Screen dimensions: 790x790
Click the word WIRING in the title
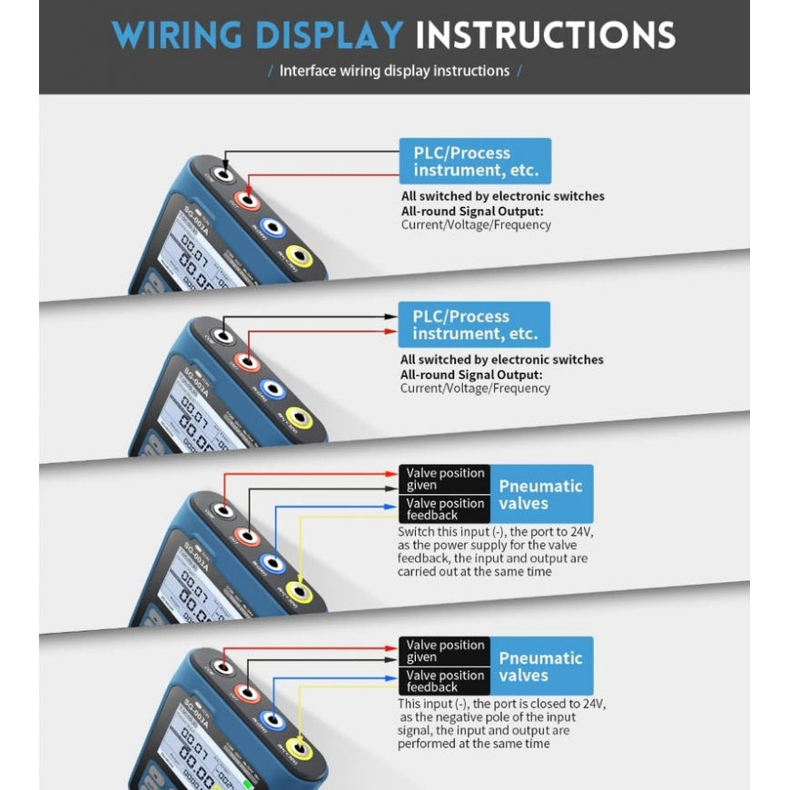[179, 35]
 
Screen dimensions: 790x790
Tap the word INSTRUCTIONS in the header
[545, 35]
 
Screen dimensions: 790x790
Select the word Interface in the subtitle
[308, 71]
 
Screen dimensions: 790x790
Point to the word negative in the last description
[444, 717]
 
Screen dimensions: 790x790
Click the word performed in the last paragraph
[428, 744]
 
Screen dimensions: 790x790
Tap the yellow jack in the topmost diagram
[299, 258]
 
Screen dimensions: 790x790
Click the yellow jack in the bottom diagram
[299, 752]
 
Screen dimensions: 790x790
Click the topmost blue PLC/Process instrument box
[475, 162]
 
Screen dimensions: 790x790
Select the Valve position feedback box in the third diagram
[444, 509]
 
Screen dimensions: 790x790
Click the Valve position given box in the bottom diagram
[444, 651]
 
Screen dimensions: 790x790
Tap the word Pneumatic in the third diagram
[540, 486]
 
